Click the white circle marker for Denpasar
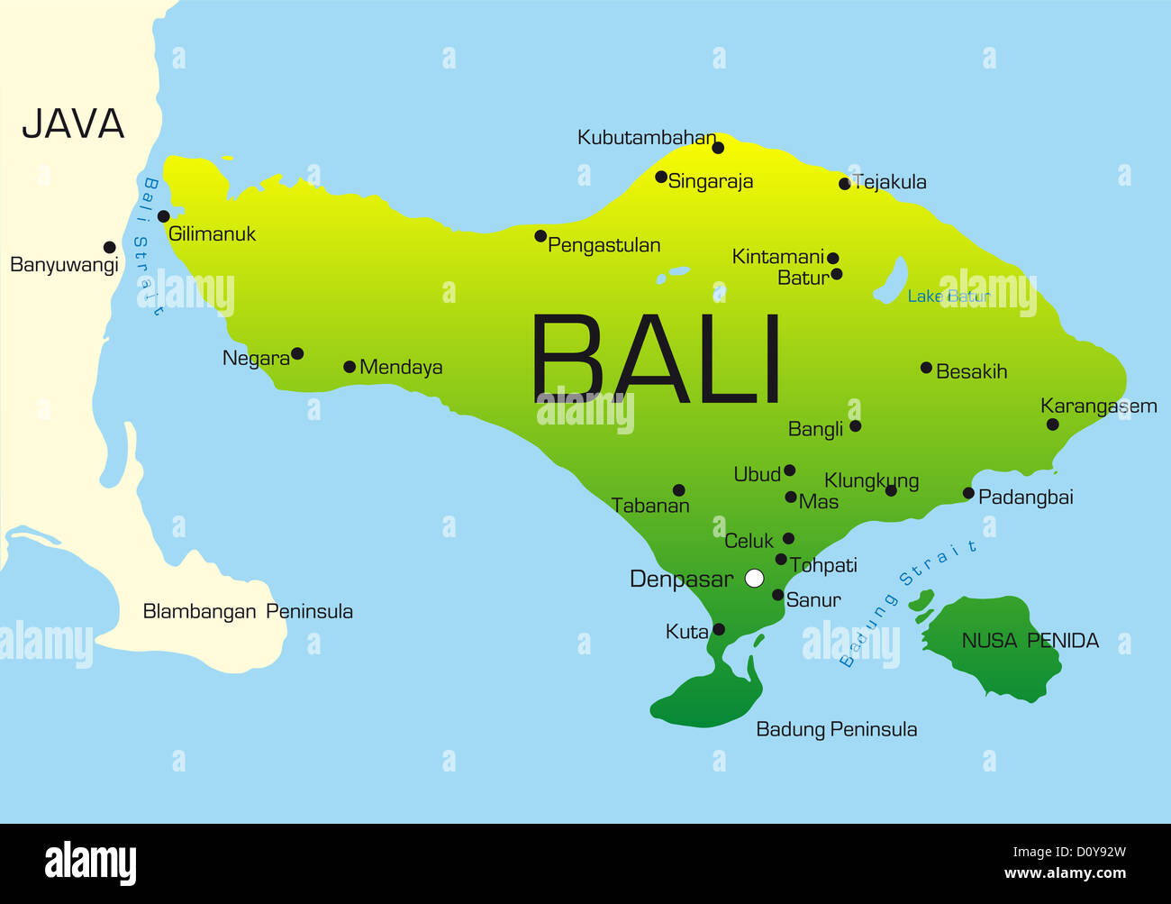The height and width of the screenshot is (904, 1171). click(x=755, y=578)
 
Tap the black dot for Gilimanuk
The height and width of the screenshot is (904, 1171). click(x=164, y=216)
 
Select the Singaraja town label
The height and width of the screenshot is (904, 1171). click(x=710, y=181)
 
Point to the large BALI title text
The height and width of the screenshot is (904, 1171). click(x=656, y=360)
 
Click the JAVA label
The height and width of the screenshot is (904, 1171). click(x=73, y=124)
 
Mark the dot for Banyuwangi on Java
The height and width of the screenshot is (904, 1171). click(x=110, y=247)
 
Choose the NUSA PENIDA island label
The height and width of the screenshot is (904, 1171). click(x=1030, y=641)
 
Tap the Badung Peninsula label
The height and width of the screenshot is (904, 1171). click(x=836, y=729)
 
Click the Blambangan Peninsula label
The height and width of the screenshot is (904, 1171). click(x=248, y=611)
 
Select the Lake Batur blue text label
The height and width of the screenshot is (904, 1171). click(x=948, y=297)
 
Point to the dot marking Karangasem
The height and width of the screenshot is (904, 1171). click(x=1052, y=425)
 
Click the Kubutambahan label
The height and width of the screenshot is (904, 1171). click(x=646, y=138)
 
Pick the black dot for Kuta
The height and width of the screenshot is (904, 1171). click(x=719, y=629)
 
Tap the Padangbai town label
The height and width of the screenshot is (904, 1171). click(x=1025, y=497)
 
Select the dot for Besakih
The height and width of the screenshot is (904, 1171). click(x=926, y=368)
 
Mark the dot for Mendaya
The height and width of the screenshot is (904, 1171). click(x=349, y=367)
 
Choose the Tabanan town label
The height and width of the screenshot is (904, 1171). click(x=650, y=506)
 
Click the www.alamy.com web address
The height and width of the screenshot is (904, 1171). click(x=1065, y=873)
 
